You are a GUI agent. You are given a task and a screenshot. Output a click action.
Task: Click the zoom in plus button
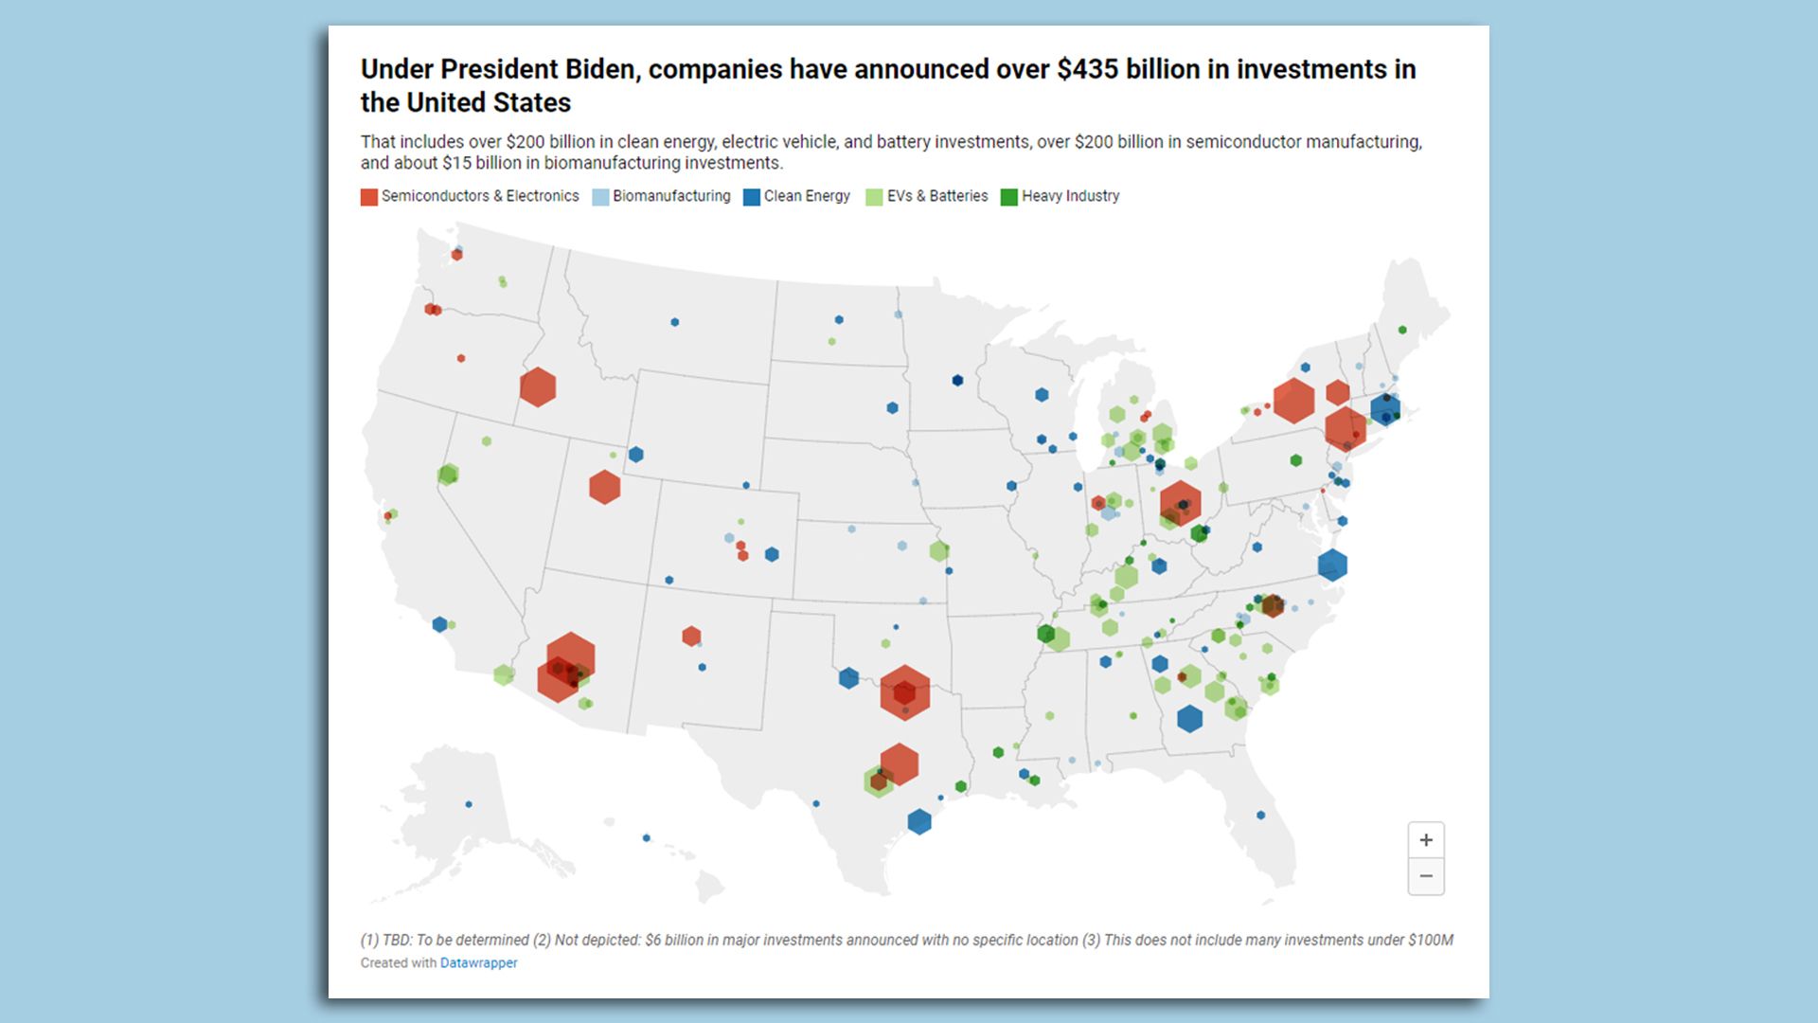(1426, 840)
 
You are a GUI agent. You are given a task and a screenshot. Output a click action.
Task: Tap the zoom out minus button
(1426, 876)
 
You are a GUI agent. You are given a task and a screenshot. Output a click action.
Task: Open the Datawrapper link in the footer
(478, 963)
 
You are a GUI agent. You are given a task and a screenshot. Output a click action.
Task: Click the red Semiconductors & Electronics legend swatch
(369, 197)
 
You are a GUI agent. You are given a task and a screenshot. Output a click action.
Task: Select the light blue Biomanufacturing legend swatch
(600, 197)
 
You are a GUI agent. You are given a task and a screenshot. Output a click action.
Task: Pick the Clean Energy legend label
(807, 196)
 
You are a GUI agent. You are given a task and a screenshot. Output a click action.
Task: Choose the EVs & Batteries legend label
(936, 196)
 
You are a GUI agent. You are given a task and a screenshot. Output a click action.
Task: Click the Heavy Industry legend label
(1070, 196)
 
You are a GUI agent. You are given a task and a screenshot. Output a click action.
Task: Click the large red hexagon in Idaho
(538, 387)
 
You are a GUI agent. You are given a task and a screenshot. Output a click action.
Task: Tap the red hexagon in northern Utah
(604, 487)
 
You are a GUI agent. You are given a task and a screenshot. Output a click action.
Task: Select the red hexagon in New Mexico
(691, 636)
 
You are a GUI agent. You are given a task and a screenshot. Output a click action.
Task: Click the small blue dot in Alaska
(469, 804)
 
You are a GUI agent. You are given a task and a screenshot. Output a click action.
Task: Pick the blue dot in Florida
(1260, 816)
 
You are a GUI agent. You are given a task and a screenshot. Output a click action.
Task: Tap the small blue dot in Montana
(675, 322)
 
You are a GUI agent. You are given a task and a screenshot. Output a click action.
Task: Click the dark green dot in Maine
(1402, 330)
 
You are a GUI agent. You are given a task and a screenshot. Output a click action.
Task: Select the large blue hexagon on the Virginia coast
(1332, 565)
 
